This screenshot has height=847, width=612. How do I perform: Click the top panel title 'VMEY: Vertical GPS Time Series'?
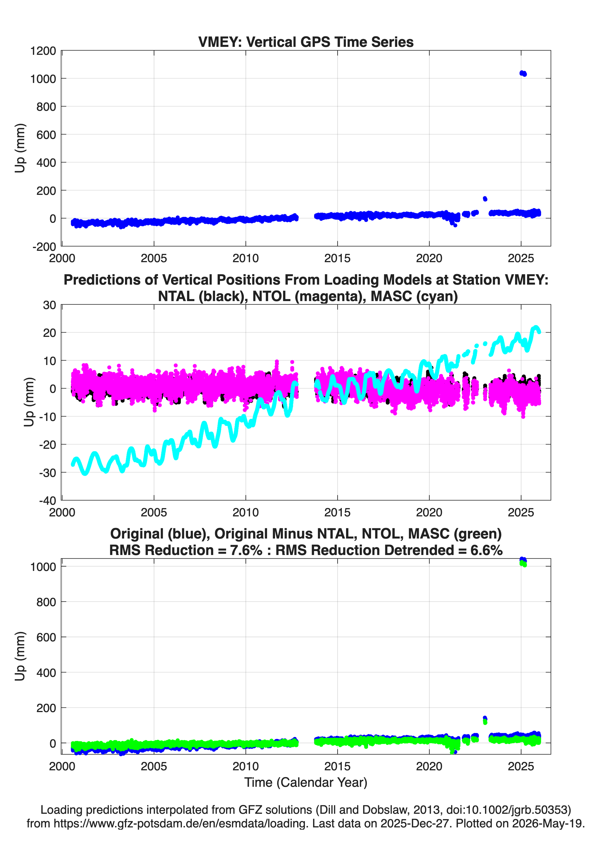[x=306, y=42]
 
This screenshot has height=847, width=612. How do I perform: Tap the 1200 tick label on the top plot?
[x=43, y=51]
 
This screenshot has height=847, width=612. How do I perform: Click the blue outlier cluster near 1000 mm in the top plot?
[x=523, y=74]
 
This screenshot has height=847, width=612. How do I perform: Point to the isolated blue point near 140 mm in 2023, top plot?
[x=485, y=199]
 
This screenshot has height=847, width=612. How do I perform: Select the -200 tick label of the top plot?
[x=44, y=247]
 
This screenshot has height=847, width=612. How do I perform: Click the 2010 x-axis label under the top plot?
[x=245, y=258]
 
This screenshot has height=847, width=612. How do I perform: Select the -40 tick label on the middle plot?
[x=47, y=501]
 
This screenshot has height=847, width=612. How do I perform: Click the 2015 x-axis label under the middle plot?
[x=337, y=512]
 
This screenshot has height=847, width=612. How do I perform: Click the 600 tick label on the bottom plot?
[x=46, y=637]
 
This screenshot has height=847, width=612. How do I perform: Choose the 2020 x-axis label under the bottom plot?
[x=429, y=767]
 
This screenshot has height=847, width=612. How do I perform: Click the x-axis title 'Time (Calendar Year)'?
[x=306, y=783]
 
